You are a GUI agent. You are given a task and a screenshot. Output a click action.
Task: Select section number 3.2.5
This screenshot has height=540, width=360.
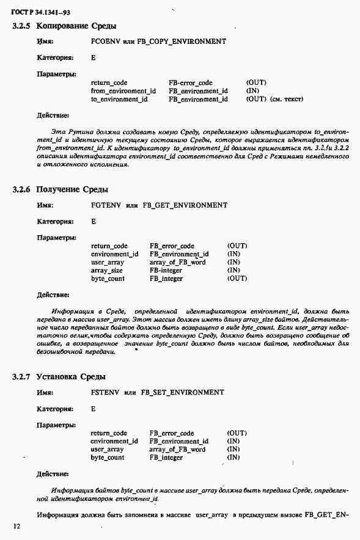click(x=22, y=26)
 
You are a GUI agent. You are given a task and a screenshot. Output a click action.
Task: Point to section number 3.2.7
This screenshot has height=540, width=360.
click(x=22, y=376)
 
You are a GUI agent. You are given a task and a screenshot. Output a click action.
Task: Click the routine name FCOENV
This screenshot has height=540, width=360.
click(x=104, y=42)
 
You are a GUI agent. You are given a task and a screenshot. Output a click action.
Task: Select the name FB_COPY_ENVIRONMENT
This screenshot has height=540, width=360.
click(x=183, y=42)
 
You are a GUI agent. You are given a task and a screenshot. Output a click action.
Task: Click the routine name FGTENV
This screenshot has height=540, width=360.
click(x=105, y=205)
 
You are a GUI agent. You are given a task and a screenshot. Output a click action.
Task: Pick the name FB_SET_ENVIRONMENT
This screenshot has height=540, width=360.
click(x=182, y=392)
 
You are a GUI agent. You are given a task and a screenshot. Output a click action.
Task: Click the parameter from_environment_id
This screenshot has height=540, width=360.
click(x=123, y=91)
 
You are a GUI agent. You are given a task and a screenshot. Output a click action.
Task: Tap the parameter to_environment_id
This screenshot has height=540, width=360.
click(x=119, y=99)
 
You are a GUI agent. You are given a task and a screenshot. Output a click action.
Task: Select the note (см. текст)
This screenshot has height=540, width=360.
click(x=286, y=99)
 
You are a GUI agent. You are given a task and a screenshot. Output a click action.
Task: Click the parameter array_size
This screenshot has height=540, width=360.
click(x=107, y=270)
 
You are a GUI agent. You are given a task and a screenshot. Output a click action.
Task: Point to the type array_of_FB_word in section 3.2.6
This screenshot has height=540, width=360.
click(x=177, y=262)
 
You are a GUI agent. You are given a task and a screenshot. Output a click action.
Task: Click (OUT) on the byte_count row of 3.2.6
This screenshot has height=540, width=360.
click(x=237, y=278)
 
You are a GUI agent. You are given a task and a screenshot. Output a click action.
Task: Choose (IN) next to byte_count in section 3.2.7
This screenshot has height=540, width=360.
click(x=233, y=457)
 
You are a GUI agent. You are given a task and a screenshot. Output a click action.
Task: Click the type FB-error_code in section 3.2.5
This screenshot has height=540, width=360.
click(x=190, y=82)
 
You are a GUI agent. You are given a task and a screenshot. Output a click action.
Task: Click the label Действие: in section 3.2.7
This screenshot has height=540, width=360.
click(x=53, y=473)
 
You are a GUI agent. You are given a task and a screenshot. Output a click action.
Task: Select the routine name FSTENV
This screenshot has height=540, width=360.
click(x=103, y=392)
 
